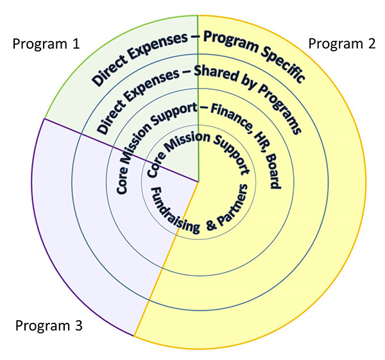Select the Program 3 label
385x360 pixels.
[49, 325]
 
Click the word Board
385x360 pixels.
[274, 172]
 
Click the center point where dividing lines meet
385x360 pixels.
[198, 182]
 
